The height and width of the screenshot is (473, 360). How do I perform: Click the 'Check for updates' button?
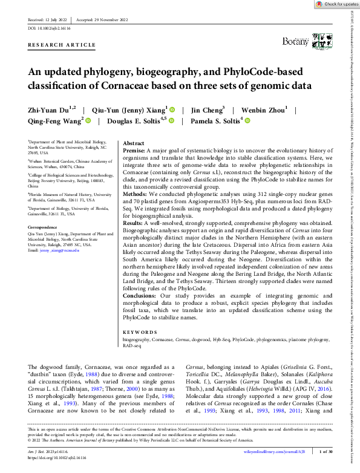[x=338, y=4]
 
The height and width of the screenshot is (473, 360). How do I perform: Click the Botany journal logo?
[x=295, y=41]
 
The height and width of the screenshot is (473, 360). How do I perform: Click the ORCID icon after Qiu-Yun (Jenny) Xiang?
[x=171, y=110]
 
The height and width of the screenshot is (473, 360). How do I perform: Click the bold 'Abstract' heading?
[x=133, y=144]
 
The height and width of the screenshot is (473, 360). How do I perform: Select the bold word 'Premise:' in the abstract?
[x=134, y=151]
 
